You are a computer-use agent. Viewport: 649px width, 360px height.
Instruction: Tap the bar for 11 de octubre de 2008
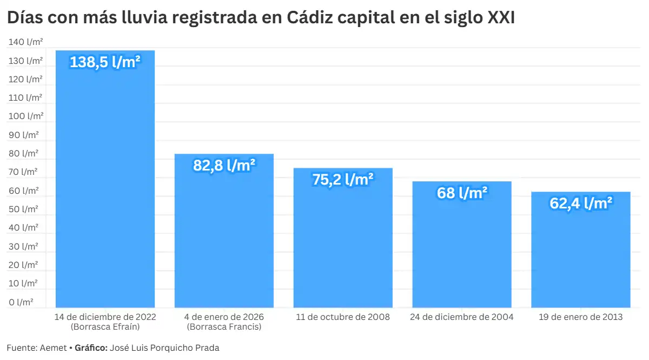click(x=343, y=244)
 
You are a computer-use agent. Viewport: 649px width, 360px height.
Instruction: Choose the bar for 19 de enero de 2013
click(x=581, y=254)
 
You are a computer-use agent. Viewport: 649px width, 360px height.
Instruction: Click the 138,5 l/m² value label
click(x=105, y=62)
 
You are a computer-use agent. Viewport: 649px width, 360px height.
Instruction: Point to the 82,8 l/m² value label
click(x=224, y=165)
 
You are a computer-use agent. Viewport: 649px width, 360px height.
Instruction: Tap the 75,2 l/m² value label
click(x=343, y=179)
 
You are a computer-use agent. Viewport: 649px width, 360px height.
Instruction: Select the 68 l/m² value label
click(x=462, y=193)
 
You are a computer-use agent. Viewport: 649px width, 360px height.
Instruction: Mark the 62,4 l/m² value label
click(x=581, y=204)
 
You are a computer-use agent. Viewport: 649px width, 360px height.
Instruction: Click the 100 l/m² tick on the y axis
click(x=25, y=116)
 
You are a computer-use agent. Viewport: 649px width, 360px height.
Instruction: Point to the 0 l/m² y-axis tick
click(x=21, y=302)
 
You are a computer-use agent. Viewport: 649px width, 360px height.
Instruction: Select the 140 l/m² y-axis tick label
click(x=25, y=42)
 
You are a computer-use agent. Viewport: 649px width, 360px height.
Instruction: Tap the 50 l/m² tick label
click(x=23, y=209)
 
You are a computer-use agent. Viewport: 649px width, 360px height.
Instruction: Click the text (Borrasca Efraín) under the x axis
click(x=105, y=327)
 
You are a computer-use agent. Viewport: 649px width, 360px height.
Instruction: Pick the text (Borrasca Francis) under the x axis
click(x=224, y=327)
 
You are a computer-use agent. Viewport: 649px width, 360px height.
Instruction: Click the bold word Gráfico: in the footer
click(x=91, y=348)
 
